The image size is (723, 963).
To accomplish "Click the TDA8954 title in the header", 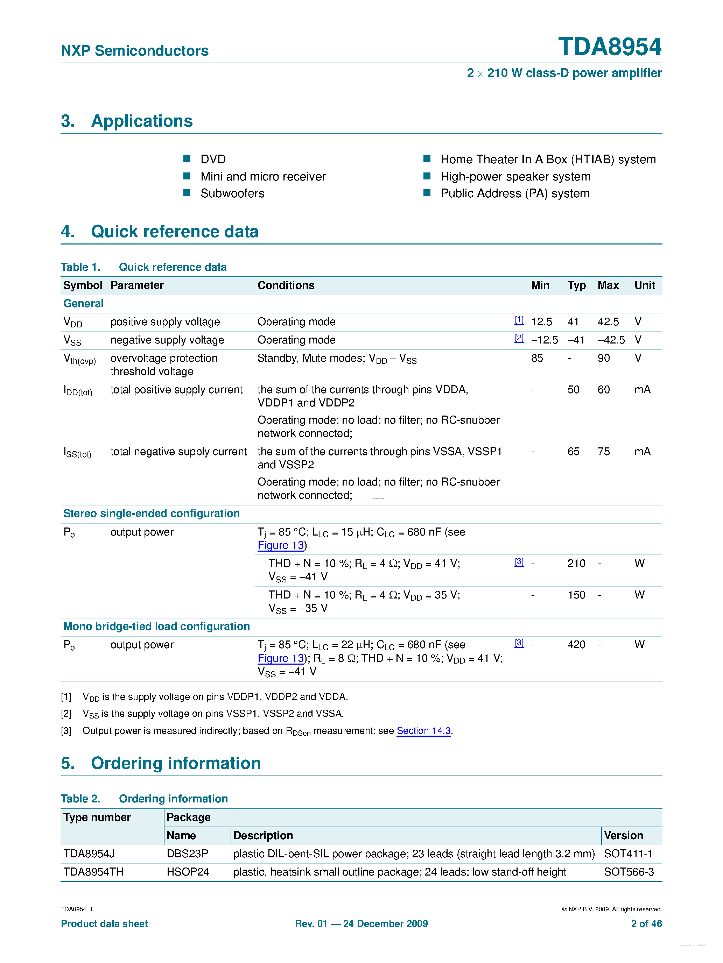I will coord(609,47).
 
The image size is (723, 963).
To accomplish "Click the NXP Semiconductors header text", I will coord(135,51).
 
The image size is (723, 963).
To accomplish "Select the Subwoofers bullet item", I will coord(232,193).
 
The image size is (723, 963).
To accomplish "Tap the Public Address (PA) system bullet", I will coord(514,193).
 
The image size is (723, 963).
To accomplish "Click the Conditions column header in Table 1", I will coord(286,285).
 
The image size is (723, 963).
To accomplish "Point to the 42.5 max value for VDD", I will coord(608,322).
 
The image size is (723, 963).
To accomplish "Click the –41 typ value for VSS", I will coord(576,340).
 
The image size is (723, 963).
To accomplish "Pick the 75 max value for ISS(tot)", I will coord(603,452).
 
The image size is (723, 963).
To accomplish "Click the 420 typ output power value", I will coord(576,645).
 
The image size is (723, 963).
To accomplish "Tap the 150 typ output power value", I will coord(576,595).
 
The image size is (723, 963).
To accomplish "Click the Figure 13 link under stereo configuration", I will coord(281,545).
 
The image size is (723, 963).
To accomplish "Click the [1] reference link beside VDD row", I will coord(519,320).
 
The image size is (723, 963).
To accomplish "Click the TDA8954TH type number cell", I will coord(93,872).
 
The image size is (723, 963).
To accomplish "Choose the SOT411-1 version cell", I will coord(628,854).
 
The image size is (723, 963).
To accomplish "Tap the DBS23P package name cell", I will coord(187,854).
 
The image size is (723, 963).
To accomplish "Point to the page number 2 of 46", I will coord(646,924).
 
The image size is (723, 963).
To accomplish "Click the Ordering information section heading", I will coord(176,764).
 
